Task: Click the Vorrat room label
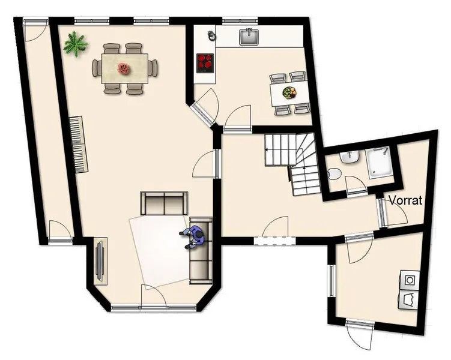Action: [405, 200]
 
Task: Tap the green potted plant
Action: [76, 44]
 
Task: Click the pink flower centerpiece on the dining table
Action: [124, 68]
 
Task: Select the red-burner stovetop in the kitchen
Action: [205, 63]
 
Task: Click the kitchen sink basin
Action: [249, 37]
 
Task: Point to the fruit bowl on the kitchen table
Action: [289, 92]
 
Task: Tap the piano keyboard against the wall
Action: [79, 145]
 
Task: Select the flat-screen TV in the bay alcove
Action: [100, 261]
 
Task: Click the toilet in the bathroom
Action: [334, 174]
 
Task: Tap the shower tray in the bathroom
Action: [379, 162]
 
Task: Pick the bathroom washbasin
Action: [350, 157]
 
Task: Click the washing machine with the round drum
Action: [410, 279]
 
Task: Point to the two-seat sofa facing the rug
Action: [164, 203]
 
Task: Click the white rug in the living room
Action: [160, 252]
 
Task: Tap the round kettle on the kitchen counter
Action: [211, 34]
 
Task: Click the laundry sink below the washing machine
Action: [409, 299]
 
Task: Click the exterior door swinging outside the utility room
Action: [359, 338]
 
